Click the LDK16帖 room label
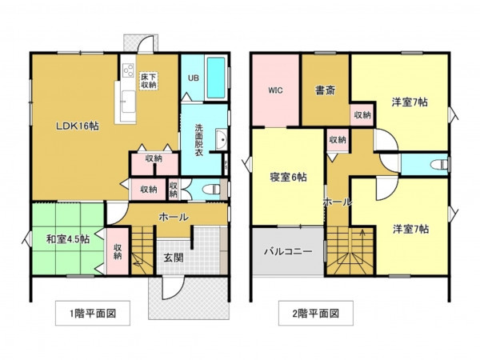tap(77, 126)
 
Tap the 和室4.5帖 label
tap(67, 238)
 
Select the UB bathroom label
tap(192, 78)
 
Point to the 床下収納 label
tap(149, 79)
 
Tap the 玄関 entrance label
tap(173, 258)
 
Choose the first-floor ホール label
tap(174, 217)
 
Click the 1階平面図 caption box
tap(92, 313)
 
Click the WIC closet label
tap(274, 90)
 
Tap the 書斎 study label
tap(324, 90)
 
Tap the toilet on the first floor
tap(211, 190)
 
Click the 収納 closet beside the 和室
tap(118, 251)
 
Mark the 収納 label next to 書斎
tap(362, 115)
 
